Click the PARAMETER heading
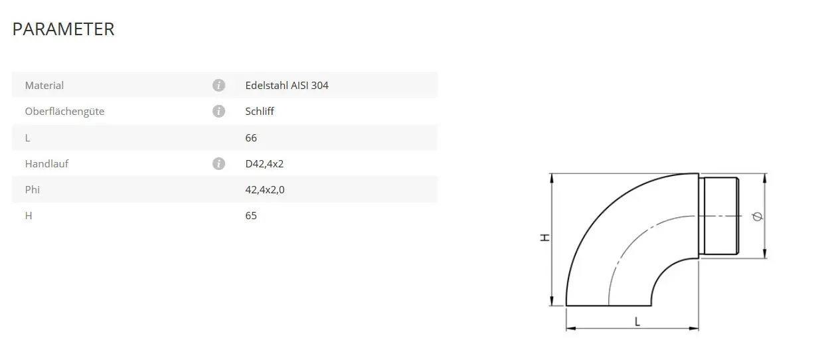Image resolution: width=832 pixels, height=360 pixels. [x=63, y=29]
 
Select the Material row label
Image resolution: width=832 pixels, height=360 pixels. [x=44, y=86]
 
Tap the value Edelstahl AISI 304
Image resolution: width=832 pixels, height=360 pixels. [x=287, y=86]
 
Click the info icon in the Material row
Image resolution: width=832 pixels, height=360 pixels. [x=218, y=86]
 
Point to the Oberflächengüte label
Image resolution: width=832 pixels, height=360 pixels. [x=64, y=112]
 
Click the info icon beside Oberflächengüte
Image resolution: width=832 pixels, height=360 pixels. [x=218, y=111]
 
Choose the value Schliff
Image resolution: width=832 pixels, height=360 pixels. [x=260, y=111]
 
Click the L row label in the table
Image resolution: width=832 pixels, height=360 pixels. [x=27, y=138]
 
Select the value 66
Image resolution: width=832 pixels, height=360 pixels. [x=251, y=138]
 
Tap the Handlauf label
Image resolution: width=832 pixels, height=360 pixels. [x=46, y=164]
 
